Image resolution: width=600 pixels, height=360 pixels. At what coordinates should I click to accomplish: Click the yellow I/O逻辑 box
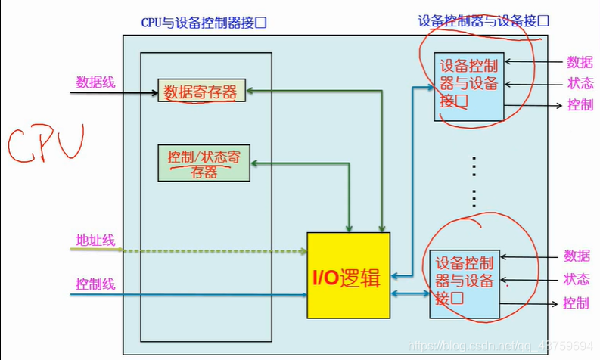pyautogui.click(x=348, y=275)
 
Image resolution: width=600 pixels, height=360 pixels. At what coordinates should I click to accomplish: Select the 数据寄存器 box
pyautogui.click(x=201, y=92)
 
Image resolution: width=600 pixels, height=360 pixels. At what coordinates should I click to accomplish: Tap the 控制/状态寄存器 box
pyautogui.click(x=204, y=163)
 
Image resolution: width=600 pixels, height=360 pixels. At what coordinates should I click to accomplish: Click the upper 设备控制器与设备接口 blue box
pyautogui.click(x=468, y=87)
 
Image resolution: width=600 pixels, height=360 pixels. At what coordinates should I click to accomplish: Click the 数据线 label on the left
pyautogui.click(x=95, y=82)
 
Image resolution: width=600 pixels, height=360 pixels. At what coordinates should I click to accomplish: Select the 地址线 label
pyautogui.click(x=95, y=241)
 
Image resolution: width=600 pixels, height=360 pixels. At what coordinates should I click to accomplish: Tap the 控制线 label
pyautogui.click(x=95, y=284)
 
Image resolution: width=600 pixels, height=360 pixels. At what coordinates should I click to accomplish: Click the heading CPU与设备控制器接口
pyautogui.click(x=204, y=23)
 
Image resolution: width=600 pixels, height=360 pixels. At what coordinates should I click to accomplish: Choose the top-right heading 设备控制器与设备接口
pyautogui.click(x=483, y=20)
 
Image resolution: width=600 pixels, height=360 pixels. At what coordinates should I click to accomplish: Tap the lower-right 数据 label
pyautogui.click(x=576, y=256)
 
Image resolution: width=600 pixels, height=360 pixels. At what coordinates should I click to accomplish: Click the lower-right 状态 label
pyautogui.click(x=576, y=279)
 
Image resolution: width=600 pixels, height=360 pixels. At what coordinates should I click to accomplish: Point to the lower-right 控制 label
pyautogui.click(x=576, y=303)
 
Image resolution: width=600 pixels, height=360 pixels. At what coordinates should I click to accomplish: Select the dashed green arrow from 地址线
pyautogui.click(x=212, y=250)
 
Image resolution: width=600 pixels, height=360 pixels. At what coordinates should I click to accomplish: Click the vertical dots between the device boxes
pyautogui.click(x=474, y=182)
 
